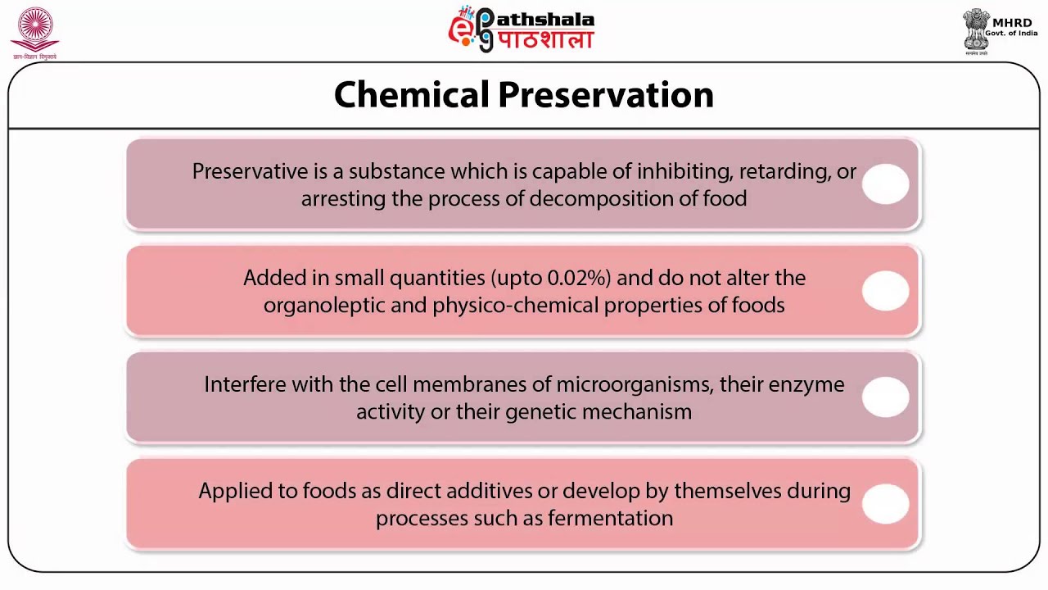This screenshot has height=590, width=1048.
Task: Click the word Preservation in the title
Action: pyautogui.click(x=606, y=95)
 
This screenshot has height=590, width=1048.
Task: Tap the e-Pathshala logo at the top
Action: pyautogui.click(x=522, y=29)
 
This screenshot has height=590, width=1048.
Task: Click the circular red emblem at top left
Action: pyautogui.click(x=34, y=31)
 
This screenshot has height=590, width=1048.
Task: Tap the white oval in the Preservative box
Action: pyautogui.click(x=885, y=184)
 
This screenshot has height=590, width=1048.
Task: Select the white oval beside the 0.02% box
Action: pyautogui.click(x=885, y=291)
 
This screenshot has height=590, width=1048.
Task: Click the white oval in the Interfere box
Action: pyautogui.click(x=885, y=397)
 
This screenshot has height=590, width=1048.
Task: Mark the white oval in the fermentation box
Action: pyautogui.click(x=885, y=503)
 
